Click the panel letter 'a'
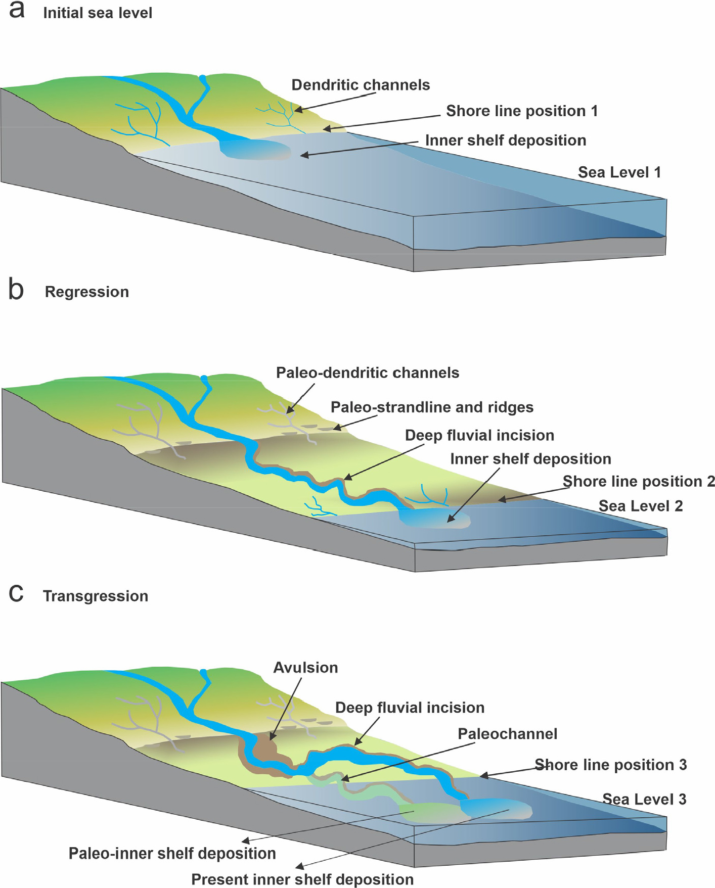pyautogui.click(x=16, y=11)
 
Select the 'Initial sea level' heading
pyautogui.click(x=98, y=13)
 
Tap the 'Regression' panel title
pyautogui.click(x=87, y=292)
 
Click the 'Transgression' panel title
pyautogui.click(x=96, y=596)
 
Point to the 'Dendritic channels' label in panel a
pyautogui.click(x=361, y=85)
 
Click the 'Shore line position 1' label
pyautogui.click(x=522, y=111)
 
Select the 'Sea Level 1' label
pyautogui.click(x=619, y=172)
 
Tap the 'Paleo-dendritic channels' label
pyautogui.click(x=368, y=373)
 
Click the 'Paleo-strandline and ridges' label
pyautogui.click(x=432, y=407)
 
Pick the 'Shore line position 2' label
pyautogui.click(x=639, y=482)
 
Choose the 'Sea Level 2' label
pyautogui.click(x=641, y=506)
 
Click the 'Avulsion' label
pyautogui.click(x=305, y=668)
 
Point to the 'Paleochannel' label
pyautogui.click(x=507, y=734)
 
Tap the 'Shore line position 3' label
pyautogui.click(x=611, y=765)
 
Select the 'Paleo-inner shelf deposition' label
pyautogui.click(x=172, y=854)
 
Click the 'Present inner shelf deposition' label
pyautogui.click(x=302, y=879)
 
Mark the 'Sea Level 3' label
pyautogui.click(x=644, y=799)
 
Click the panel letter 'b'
pyautogui.click(x=16, y=290)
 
